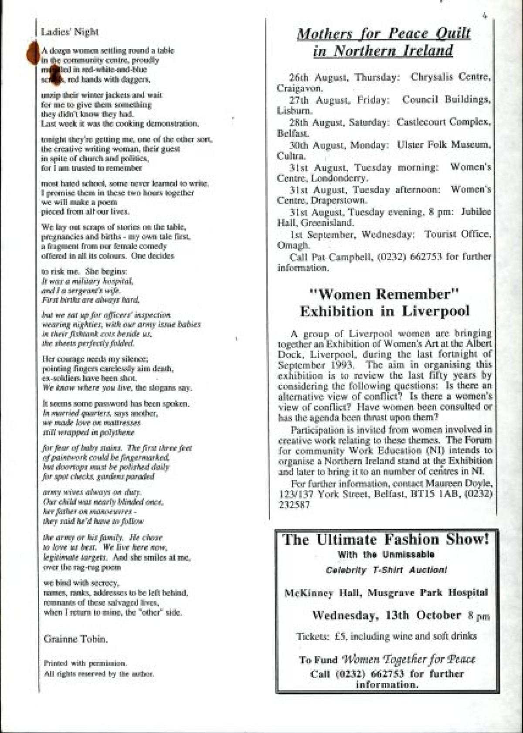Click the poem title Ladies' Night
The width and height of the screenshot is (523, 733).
point(70,32)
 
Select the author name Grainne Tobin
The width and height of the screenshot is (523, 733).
point(75,639)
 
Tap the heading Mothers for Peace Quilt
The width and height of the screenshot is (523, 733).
point(384,34)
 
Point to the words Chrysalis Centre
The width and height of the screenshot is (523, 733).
point(451,77)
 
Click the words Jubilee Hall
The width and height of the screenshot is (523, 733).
point(384,217)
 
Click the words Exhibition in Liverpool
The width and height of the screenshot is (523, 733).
point(384,311)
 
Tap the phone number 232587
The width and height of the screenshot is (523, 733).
point(294,505)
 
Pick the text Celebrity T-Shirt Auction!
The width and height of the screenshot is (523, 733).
point(386,570)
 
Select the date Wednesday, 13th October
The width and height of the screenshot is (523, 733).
point(387,615)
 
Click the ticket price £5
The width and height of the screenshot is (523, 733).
point(340,637)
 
